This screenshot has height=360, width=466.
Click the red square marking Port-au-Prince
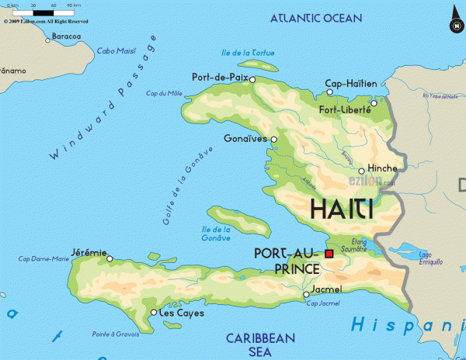329,254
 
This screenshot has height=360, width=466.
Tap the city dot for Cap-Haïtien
329,92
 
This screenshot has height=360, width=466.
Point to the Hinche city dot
361,171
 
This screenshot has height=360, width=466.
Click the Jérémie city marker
110,259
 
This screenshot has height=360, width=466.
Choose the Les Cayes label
181,313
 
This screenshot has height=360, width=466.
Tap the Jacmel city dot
305,295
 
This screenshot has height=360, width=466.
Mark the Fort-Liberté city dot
374,102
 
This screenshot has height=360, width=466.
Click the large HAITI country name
342,209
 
